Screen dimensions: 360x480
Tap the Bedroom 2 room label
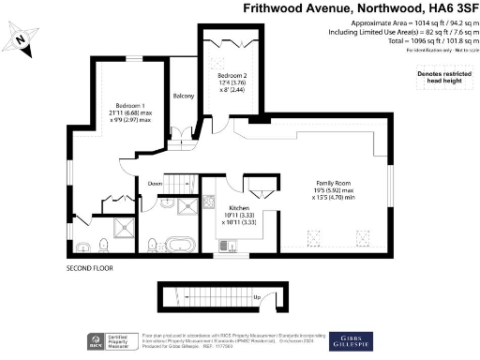(x=232, y=75)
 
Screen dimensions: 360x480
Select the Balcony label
(x=182, y=95)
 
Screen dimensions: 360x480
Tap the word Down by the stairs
(x=155, y=185)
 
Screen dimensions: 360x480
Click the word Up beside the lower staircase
(x=256, y=298)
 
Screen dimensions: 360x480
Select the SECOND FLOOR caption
(x=90, y=269)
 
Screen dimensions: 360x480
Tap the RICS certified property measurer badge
(x=109, y=341)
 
